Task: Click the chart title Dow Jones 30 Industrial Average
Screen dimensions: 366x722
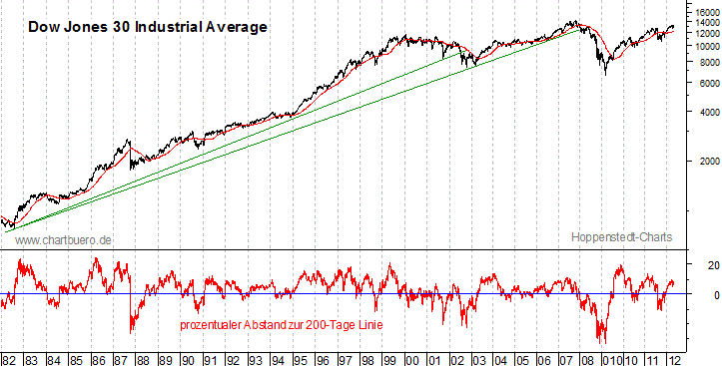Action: (x=146, y=27)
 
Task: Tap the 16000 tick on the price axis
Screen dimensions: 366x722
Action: (x=703, y=12)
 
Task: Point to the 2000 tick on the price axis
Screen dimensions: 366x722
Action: (x=705, y=160)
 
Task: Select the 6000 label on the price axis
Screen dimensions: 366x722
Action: (x=705, y=84)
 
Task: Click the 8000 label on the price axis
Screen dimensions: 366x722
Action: (x=705, y=62)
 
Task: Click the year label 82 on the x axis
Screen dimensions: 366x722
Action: (x=9, y=357)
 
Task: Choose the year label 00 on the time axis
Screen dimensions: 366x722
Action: (x=409, y=357)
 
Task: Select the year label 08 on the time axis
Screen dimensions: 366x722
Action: (x=586, y=357)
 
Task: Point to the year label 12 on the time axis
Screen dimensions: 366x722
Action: (x=675, y=357)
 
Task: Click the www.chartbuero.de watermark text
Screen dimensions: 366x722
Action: (x=64, y=240)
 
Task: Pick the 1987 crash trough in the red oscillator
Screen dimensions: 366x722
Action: (x=132, y=333)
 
